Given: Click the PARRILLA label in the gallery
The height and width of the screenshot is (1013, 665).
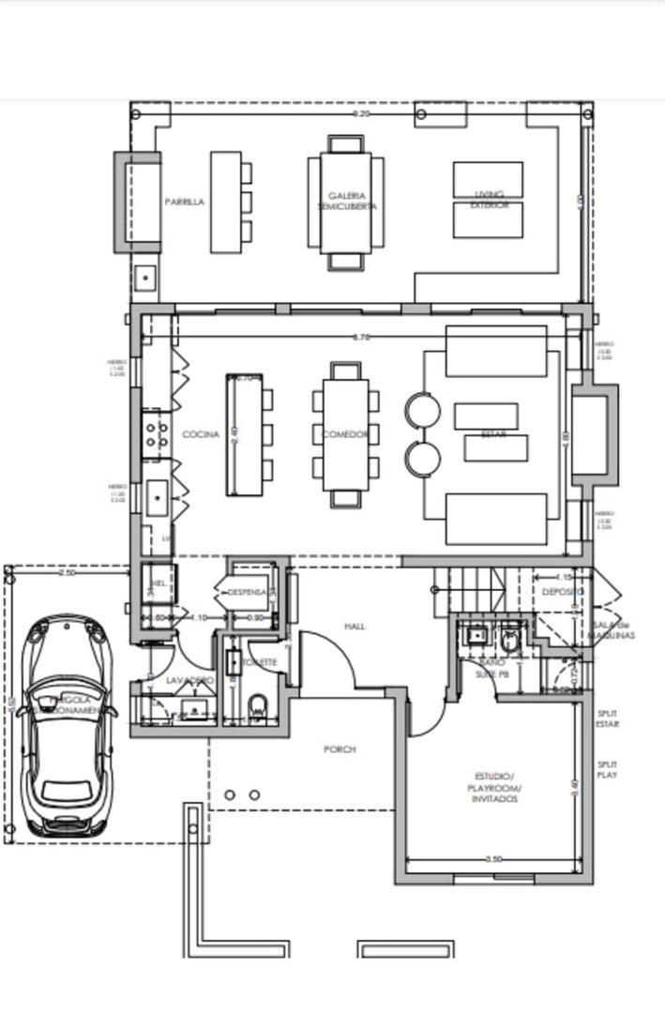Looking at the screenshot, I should [184, 202].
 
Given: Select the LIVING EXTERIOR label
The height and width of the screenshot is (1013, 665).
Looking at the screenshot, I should [488, 200].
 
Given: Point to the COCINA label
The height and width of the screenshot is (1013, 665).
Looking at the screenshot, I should [201, 434].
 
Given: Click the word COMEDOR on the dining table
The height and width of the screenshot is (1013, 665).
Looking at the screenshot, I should [344, 434].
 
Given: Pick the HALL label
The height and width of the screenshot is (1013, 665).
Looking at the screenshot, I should [354, 626].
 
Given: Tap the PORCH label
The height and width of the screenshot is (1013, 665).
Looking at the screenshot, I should [340, 749].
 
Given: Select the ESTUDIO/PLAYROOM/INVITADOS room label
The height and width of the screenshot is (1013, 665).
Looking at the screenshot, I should [493, 788].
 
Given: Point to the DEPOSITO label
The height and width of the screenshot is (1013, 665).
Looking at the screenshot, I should [562, 592].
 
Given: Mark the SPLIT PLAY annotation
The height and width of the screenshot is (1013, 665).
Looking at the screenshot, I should [608, 770].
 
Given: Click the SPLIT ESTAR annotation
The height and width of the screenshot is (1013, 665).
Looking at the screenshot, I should [608, 718].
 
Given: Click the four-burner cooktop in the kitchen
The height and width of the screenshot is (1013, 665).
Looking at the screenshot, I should [157, 433].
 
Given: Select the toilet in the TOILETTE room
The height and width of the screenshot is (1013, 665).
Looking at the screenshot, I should [259, 706].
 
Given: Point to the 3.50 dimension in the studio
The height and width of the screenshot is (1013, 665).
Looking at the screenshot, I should [493, 858].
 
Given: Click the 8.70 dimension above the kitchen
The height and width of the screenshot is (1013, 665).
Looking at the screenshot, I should [360, 336].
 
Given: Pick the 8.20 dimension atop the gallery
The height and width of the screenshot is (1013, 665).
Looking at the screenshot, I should [360, 113].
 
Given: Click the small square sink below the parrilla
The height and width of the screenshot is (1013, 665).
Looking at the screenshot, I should [145, 278].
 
